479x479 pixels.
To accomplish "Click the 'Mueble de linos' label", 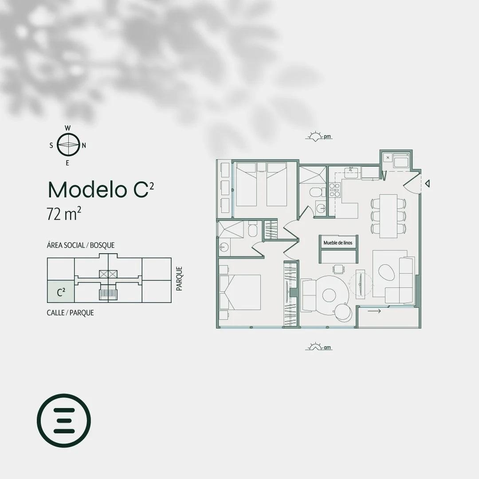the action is pos(338,243).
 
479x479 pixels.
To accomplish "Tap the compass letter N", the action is pos(84,145).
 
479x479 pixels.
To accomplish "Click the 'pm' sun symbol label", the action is pos(327,137).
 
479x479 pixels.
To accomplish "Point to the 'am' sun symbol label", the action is pos(327,347).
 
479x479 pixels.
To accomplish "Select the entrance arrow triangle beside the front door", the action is pos(428,183).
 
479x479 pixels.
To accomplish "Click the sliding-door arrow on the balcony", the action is pos(374,311).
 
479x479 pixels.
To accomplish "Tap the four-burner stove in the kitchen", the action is pos(334,190).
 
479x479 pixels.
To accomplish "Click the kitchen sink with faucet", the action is pos(352,173).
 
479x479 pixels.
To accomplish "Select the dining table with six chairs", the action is pos(389,216).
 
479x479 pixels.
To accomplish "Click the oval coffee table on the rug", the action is pos(386,272).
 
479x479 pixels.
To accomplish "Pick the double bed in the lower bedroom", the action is pos(240,292).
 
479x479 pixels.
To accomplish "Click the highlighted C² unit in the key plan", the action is pos(61,291).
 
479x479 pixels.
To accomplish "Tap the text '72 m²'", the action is pos(64,213).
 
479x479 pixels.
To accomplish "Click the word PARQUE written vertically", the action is pos(179,278).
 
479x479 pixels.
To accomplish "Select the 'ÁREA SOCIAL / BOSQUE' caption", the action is pos(81,245).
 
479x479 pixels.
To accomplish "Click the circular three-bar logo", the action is pos(64,420).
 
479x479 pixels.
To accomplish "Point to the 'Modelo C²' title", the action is pos(101,189).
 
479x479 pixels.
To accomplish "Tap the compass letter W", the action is pos(68,128).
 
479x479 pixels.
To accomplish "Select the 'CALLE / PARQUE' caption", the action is pos(70,313).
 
